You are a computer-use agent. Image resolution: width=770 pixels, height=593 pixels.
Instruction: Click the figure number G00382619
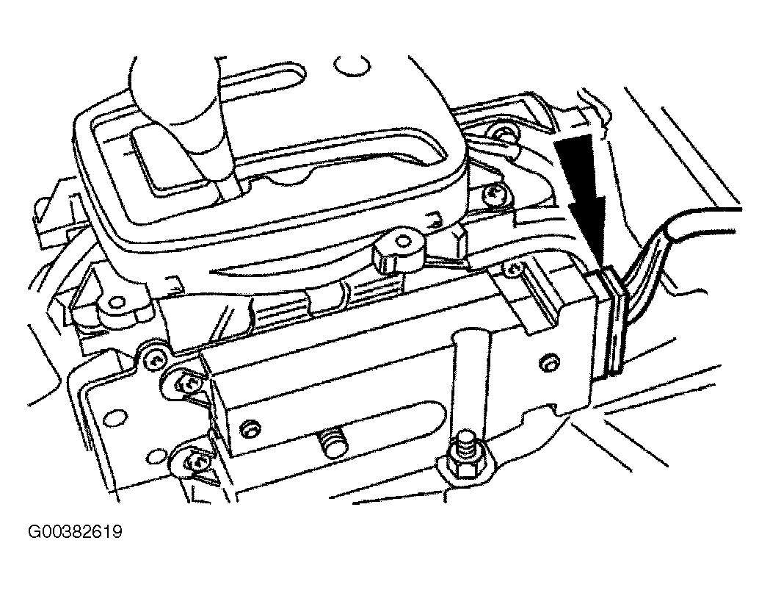(75, 531)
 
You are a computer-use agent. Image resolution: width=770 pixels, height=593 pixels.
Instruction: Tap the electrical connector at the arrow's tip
(611, 322)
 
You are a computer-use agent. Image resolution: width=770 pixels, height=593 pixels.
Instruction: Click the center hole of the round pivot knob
(403, 241)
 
